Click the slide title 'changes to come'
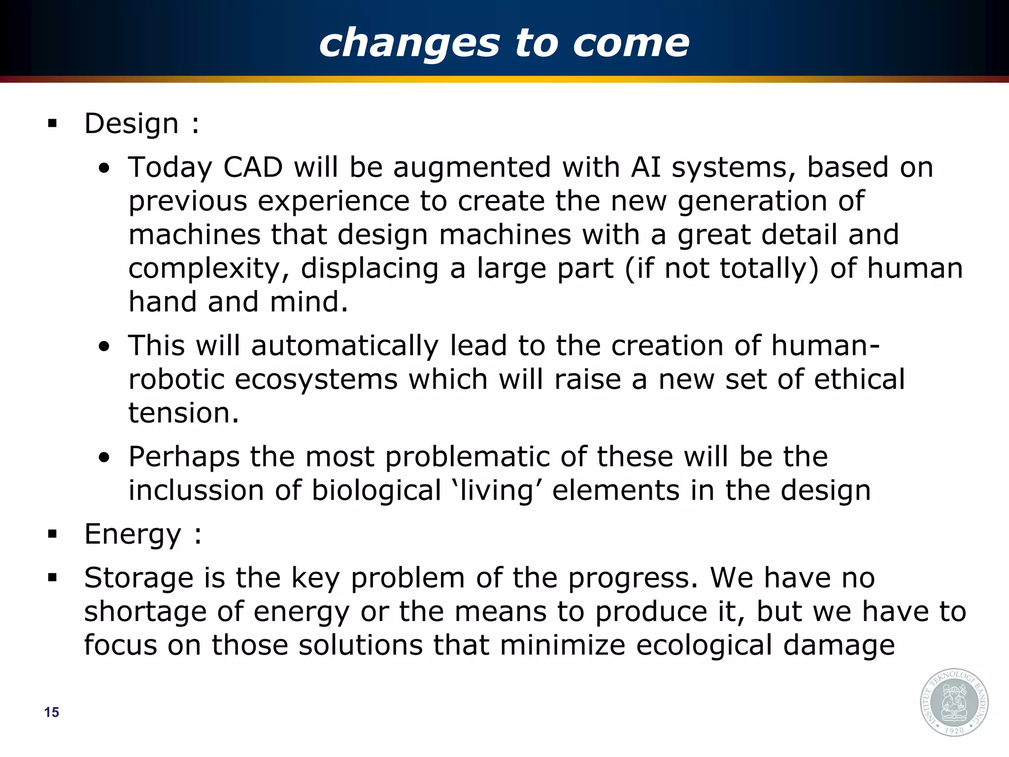pos(504,43)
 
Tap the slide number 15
pos(51,712)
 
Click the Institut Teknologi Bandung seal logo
pos(954,702)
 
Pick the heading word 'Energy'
pos(133,535)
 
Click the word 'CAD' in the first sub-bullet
pos(253,168)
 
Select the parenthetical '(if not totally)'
pos(722,269)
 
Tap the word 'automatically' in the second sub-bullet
pos(344,345)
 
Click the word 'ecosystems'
pos(316,379)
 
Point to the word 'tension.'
pos(183,413)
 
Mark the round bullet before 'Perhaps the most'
pos(104,457)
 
